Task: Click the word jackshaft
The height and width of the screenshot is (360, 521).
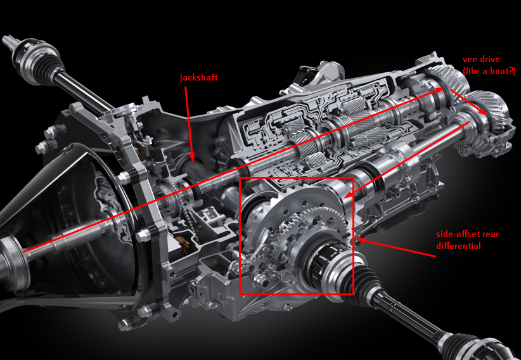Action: coord(198,78)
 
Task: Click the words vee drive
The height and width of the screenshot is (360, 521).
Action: coord(481,60)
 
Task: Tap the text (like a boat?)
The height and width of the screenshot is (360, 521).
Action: coord(489,71)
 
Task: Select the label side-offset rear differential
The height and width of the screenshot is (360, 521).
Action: coord(468,240)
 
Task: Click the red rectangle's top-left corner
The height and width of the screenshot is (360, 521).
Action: coord(240,178)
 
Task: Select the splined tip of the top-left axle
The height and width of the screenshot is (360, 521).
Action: coord(8,41)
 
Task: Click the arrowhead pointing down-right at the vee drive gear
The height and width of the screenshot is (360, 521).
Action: coord(484,112)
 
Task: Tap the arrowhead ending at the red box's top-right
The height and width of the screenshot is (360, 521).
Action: coord(349,194)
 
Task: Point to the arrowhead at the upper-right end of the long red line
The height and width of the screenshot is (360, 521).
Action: coord(440,90)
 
